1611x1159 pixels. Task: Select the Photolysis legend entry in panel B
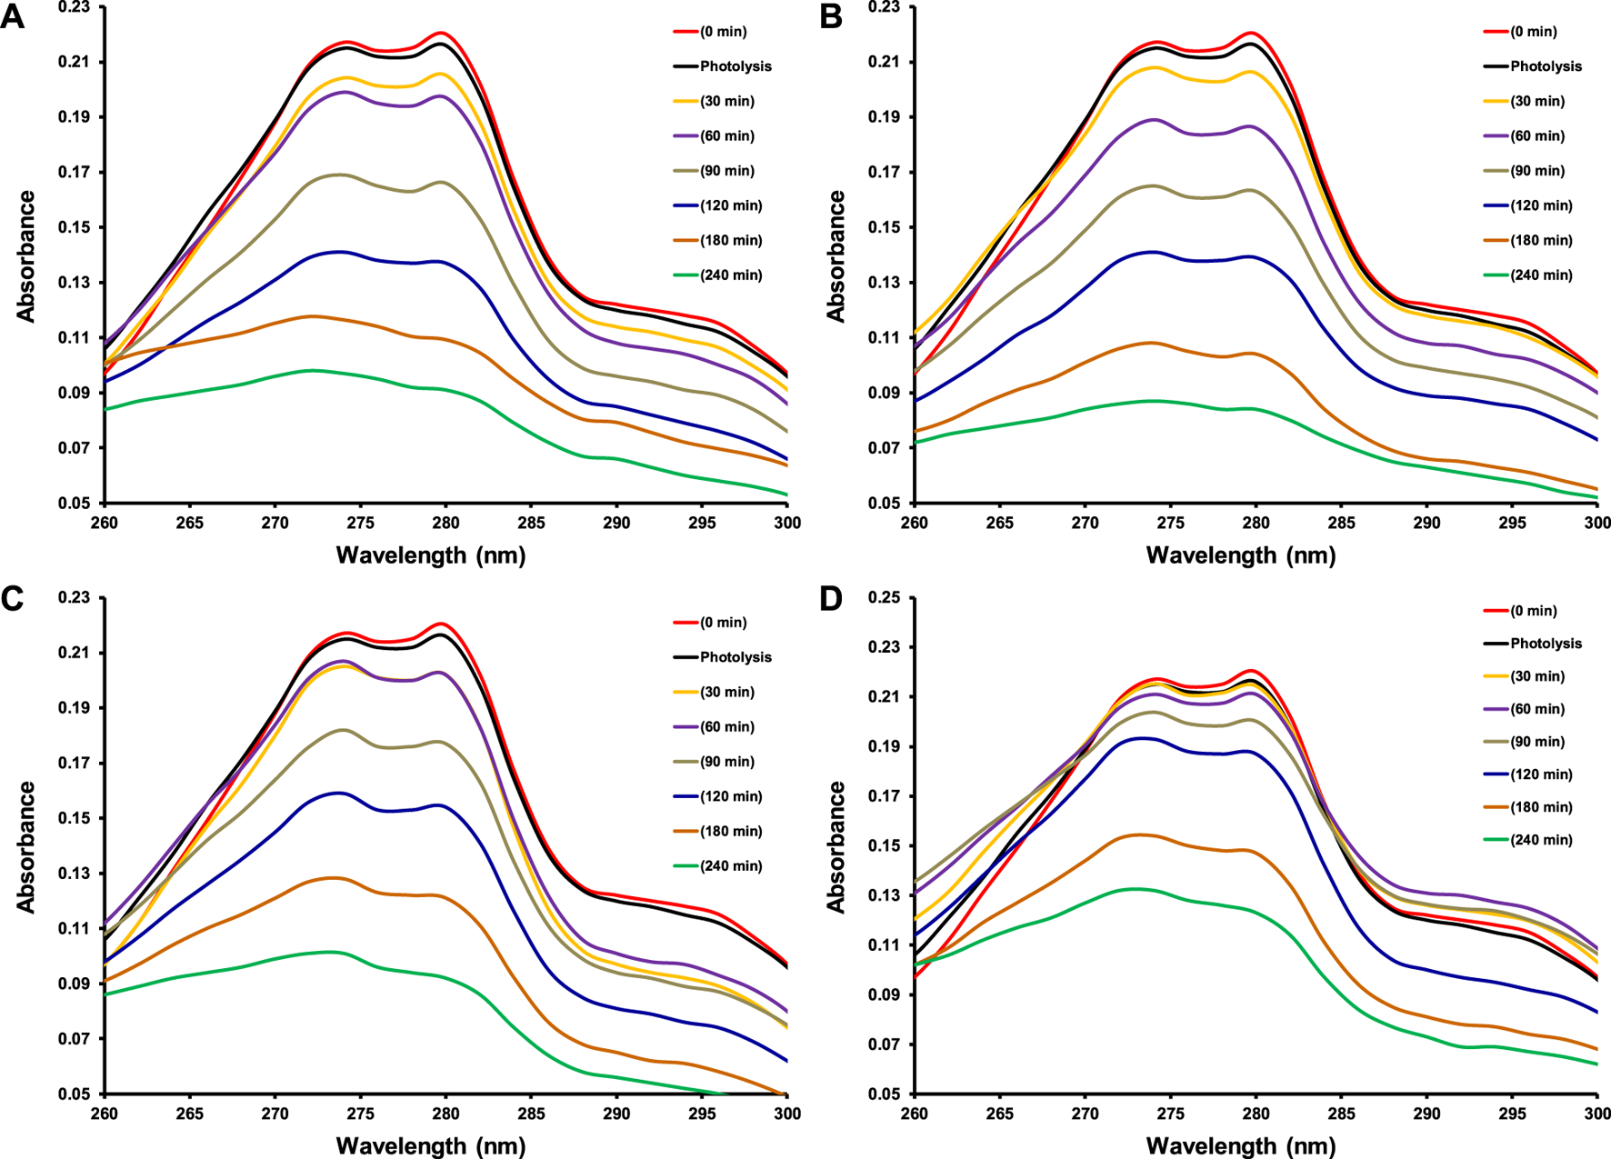point(1546,66)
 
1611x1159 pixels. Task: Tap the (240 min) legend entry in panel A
point(730,275)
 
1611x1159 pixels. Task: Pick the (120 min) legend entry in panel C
point(730,796)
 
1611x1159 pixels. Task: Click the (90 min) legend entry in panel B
point(1536,171)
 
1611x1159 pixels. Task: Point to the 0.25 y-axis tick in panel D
point(886,598)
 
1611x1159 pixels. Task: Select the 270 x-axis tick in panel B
point(1085,523)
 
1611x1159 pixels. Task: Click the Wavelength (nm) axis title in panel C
point(431,1145)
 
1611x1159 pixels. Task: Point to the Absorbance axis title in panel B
point(836,256)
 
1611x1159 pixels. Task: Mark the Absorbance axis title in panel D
point(836,847)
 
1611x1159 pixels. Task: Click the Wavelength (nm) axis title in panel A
point(431,555)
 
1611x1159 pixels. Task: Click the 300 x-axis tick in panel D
point(1596,1114)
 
